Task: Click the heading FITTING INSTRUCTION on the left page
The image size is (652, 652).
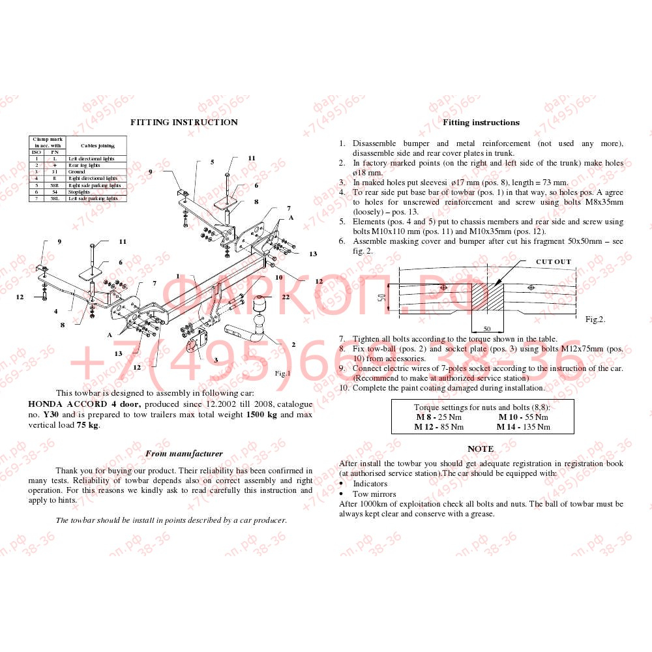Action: click(184, 122)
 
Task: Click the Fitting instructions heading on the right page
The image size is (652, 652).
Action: click(481, 122)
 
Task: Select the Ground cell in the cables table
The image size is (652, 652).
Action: click(77, 171)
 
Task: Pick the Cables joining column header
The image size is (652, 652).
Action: click(97, 145)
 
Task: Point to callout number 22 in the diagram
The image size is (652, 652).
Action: click(286, 297)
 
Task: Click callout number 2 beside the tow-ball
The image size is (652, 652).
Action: click(293, 344)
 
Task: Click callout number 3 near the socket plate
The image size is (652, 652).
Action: click(216, 360)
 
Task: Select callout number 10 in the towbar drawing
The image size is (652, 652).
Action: click(278, 277)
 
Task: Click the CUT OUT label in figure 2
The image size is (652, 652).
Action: click(553, 261)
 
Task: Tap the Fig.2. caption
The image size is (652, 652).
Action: click(595, 319)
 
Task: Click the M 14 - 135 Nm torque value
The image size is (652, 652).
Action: click(523, 427)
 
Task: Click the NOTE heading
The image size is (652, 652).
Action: click(481, 449)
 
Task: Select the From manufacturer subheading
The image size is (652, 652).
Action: click(184, 453)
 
